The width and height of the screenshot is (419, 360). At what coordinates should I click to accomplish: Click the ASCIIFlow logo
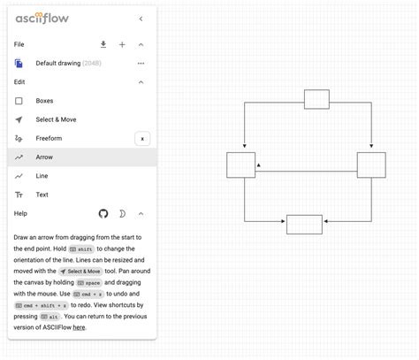click(43, 18)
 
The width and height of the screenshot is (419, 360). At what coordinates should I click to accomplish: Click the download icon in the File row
click(103, 44)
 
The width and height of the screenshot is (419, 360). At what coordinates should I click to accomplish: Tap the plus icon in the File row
click(122, 44)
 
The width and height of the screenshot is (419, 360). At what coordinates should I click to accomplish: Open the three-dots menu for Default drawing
click(141, 64)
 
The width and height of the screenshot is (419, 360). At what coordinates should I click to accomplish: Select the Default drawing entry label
click(58, 64)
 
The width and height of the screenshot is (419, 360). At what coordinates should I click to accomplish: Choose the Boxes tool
click(44, 101)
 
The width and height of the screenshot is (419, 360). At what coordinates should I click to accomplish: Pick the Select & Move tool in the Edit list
click(56, 119)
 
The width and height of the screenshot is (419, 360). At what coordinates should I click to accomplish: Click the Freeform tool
click(50, 138)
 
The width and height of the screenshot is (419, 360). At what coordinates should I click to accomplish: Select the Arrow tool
click(44, 157)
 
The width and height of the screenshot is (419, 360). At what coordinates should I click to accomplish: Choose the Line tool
click(42, 176)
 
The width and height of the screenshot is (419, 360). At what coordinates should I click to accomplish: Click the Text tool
click(42, 195)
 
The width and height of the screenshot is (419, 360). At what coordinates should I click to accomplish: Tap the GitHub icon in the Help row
click(103, 213)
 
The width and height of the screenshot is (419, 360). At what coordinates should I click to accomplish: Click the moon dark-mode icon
click(122, 213)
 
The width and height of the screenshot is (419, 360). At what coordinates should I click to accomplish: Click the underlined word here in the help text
click(80, 327)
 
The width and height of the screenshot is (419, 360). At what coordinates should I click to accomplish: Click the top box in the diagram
click(316, 99)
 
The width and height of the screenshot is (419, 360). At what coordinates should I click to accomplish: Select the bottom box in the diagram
click(304, 224)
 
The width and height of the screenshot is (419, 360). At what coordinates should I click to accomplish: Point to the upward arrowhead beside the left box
click(258, 165)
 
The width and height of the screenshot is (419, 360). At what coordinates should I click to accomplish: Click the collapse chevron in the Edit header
click(141, 82)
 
